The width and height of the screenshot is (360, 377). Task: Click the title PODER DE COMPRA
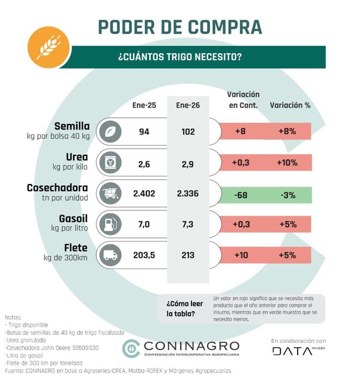point(179,27)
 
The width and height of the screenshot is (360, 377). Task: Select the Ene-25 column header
point(144,106)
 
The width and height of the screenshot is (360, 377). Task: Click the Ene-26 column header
point(188,106)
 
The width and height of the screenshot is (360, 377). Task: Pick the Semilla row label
point(71,126)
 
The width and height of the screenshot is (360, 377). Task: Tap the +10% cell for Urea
point(290,162)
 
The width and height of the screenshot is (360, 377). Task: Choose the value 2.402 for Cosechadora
point(144,194)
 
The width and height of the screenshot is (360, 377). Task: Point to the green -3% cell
point(290,194)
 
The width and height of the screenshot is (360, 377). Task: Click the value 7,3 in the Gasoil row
point(188,224)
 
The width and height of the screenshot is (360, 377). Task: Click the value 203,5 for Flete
point(144,255)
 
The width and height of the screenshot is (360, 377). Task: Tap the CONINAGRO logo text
point(189,346)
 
